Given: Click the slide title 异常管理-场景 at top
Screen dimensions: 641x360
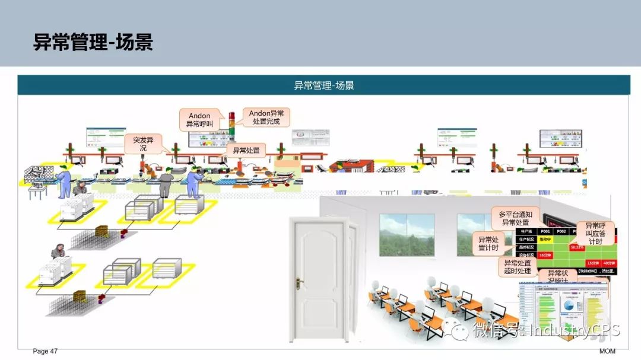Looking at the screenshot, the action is point(93,42).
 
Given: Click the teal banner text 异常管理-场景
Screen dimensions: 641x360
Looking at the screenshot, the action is point(324,85).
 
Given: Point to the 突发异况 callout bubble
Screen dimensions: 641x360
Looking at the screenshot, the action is point(142,144).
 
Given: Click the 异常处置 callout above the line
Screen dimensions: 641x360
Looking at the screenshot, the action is point(246,151).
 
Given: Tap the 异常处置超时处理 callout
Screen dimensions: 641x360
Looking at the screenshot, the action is point(518,267).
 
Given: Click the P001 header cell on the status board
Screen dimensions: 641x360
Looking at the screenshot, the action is point(545,231).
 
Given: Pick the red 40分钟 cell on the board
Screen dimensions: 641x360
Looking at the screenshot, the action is point(608,263).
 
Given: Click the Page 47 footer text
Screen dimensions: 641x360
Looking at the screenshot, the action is point(45,352).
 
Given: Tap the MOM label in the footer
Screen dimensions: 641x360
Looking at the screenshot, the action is point(607,352).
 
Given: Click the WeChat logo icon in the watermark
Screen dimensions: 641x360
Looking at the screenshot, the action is point(460,332).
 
